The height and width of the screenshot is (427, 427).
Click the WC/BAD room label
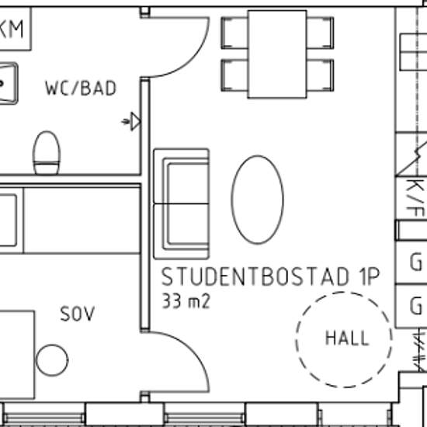[81, 89]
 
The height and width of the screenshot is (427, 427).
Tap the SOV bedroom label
[78, 314]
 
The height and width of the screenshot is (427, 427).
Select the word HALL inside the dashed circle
[347, 338]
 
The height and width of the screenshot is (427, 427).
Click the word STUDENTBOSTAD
[255, 276]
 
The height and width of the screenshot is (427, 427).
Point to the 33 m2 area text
[186, 301]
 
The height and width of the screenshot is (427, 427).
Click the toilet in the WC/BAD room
[47, 153]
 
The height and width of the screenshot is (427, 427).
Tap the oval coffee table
[257, 200]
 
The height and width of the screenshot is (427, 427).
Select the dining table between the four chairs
[277, 54]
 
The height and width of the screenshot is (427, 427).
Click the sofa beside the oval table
[182, 203]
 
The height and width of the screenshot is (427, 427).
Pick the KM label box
[14, 29]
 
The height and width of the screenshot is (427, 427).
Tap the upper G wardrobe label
[416, 262]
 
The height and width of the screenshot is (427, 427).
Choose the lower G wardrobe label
[416, 306]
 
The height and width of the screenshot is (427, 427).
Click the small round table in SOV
[52, 360]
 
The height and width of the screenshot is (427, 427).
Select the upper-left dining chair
[234, 33]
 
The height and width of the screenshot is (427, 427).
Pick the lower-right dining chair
[320, 75]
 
